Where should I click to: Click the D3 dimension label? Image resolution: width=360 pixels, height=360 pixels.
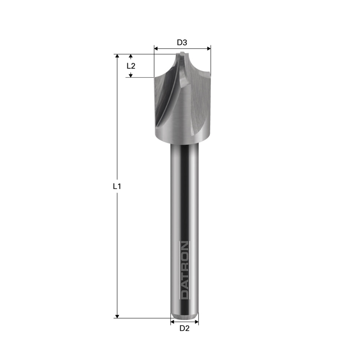(x=182, y=42)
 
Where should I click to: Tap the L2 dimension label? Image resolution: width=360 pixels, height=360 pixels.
(x=131, y=66)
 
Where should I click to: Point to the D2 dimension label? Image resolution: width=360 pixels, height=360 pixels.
(x=184, y=328)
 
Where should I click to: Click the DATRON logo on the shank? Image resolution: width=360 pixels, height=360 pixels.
(x=184, y=270)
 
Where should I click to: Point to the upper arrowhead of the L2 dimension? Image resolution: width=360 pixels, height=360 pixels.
(x=131, y=56)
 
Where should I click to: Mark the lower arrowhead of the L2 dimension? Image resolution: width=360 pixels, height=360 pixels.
(x=131, y=75)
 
